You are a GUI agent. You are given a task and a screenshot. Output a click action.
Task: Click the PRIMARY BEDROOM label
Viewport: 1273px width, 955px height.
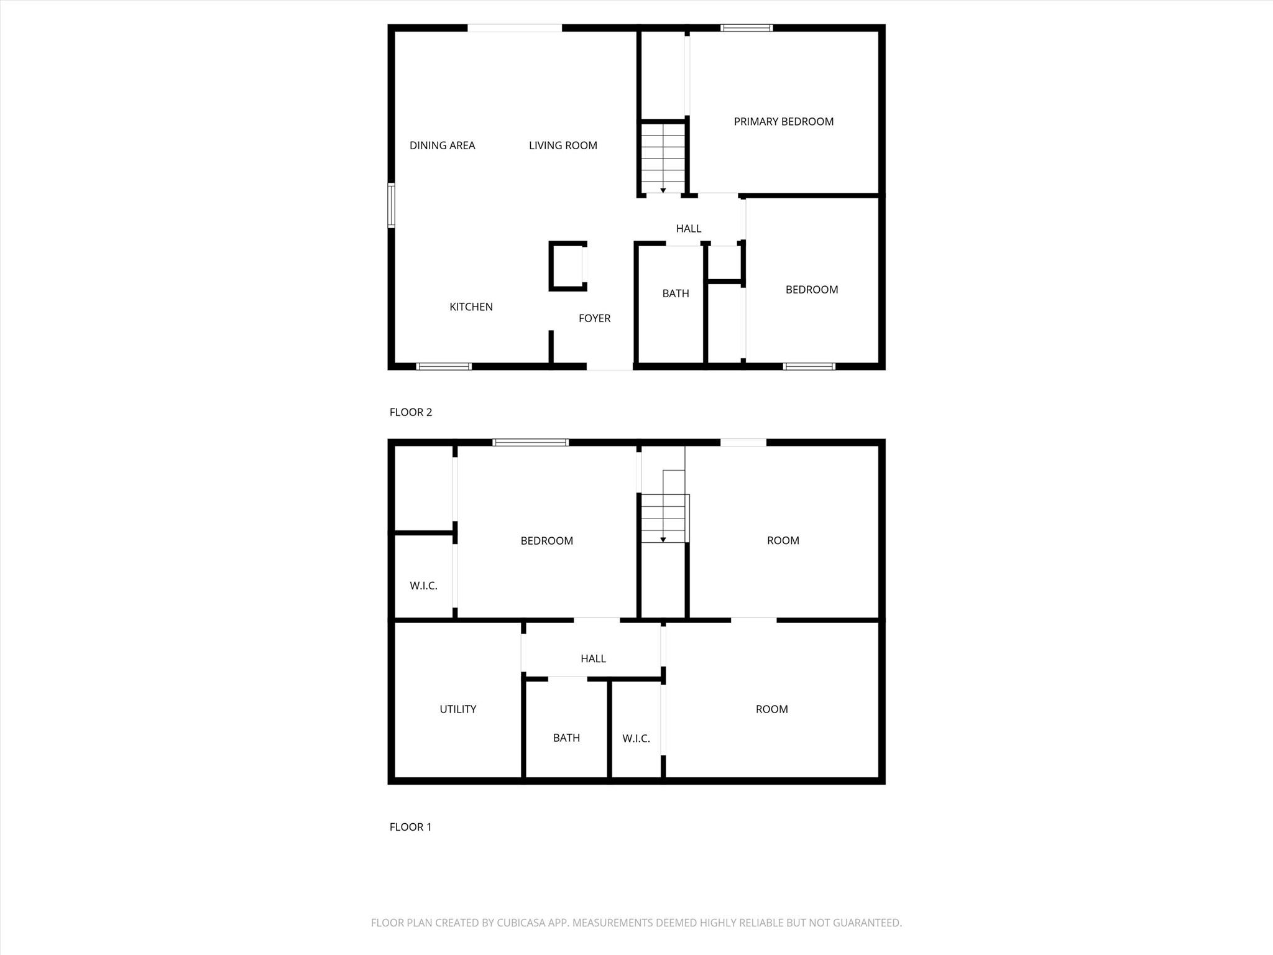(x=783, y=122)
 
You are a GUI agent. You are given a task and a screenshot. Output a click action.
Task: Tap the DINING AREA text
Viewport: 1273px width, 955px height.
(x=442, y=145)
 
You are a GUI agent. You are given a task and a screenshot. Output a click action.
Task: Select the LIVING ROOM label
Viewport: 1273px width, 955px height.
(x=563, y=145)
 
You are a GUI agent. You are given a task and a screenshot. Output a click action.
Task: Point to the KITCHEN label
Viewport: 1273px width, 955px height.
(x=471, y=307)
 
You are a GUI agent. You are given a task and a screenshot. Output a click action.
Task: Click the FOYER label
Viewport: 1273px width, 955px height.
(x=594, y=318)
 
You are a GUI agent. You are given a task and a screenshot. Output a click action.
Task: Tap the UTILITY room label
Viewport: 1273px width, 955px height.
(x=458, y=709)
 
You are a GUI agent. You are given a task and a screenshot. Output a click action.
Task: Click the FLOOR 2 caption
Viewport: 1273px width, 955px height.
(x=410, y=412)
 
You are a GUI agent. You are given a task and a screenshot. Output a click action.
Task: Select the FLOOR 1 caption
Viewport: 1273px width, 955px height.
(x=410, y=827)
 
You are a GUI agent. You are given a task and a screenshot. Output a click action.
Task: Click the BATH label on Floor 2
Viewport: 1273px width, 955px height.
(x=676, y=293)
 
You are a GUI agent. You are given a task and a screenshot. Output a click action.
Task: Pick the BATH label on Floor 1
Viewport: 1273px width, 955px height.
(x=566, y=738)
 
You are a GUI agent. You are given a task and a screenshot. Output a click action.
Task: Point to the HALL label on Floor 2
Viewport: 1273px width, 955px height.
(x=689, y=229)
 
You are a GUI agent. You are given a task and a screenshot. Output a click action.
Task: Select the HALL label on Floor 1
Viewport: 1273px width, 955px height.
(x=593, y=658)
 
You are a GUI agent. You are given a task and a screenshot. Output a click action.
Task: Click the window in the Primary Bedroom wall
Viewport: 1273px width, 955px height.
(x=747, y=28)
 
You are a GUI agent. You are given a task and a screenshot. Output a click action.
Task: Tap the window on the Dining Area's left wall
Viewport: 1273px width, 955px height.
(x=392, y=205)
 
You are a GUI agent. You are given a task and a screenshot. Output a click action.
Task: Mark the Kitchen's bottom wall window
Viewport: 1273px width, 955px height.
(x=444, y=366)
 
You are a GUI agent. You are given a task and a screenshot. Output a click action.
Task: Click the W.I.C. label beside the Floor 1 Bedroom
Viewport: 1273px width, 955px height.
(x=423, y=586)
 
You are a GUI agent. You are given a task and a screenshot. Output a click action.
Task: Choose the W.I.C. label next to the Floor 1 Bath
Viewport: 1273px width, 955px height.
(x=636, y=739)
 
